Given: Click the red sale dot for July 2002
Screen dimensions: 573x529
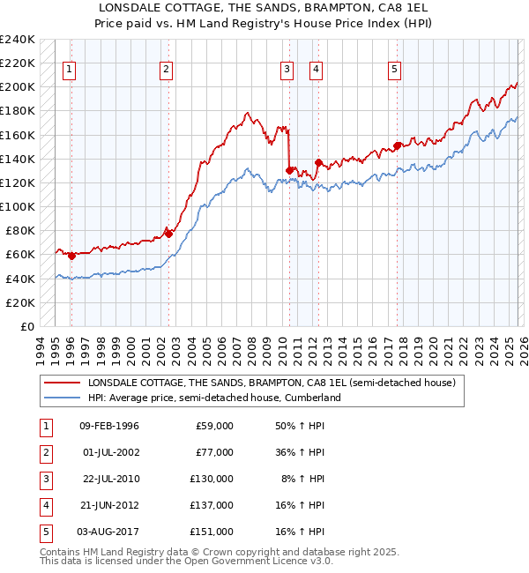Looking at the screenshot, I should (x=168, y=234).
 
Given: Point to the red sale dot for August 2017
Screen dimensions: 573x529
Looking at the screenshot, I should (x=397, y=145).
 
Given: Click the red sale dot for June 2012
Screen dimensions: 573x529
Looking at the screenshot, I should (x=318, y=162).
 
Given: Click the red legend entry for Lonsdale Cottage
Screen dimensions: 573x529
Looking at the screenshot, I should (x=271, y=383).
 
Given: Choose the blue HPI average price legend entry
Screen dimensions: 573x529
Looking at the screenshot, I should (x=213, y=398).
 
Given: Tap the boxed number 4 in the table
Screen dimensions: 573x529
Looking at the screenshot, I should (x=45, y=505).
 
